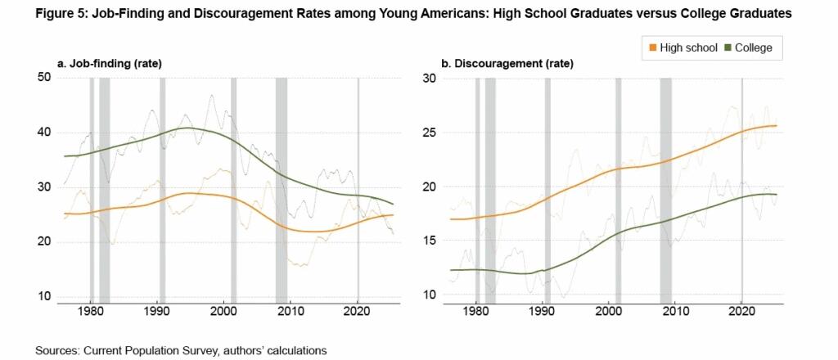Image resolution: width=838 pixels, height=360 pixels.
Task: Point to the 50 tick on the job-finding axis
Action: pos(44,78)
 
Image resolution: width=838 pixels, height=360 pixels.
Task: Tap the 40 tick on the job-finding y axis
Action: pos(44,133)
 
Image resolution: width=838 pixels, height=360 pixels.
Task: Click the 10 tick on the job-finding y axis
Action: pos(44,296)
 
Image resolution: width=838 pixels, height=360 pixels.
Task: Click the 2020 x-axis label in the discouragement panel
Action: pos(741,312)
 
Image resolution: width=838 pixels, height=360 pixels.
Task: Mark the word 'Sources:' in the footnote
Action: pos(58,350)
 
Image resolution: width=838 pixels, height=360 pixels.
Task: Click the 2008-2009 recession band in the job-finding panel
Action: pos(282,188)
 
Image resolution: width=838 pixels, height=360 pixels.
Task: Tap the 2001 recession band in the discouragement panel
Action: pos(619,188)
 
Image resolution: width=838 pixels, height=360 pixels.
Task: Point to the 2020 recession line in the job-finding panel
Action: pos(358,188)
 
